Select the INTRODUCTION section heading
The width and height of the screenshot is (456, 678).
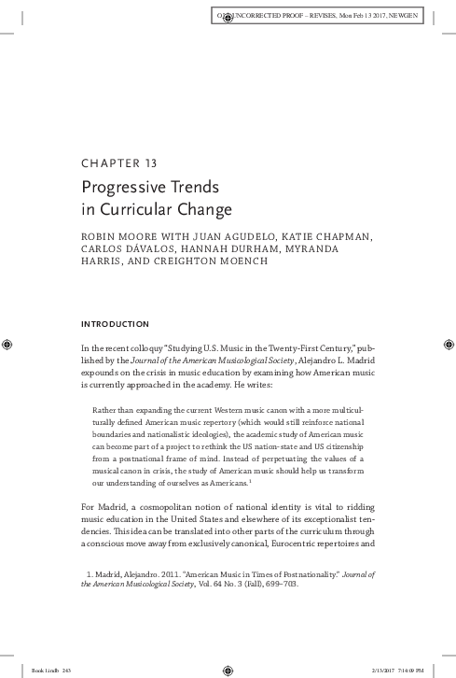(x=116, y=324)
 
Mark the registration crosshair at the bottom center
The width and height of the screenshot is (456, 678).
(x=227, y=669)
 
